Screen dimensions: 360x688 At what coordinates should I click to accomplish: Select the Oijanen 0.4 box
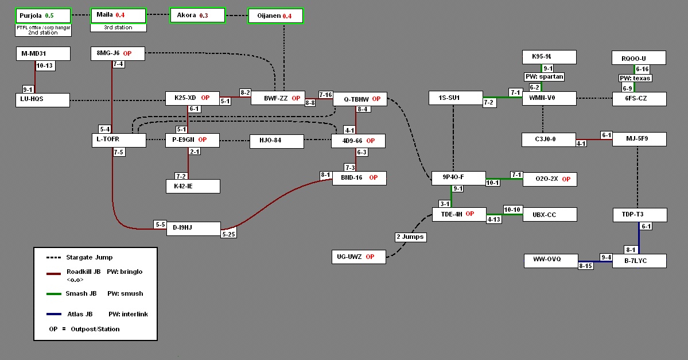tap(275, 16)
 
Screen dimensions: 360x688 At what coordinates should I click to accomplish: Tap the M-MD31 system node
tap(43, 54)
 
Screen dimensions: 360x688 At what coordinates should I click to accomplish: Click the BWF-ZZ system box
tap(278, 98)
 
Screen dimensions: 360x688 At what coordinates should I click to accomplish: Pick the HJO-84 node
tap(276, 141)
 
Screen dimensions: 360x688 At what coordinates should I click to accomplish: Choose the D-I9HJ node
tap(193, 229)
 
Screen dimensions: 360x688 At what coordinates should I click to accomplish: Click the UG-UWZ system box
tap(359, 257)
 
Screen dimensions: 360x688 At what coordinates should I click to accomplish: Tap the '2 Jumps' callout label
tap(410, 237)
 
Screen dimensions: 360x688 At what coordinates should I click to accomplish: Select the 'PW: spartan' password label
tap(544, 76)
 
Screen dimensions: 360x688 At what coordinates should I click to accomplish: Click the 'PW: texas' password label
tap(634, 78)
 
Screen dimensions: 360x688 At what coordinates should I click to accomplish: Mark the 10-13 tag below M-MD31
tap(45, 66)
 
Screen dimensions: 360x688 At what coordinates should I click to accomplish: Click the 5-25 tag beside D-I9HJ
tap(229, 234)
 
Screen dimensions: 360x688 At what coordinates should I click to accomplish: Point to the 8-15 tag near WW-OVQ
tap(585, 266)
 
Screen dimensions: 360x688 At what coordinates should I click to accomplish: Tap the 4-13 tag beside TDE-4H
tap(494, 219)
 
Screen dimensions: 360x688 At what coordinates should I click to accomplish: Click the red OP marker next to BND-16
tap(373, 178)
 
